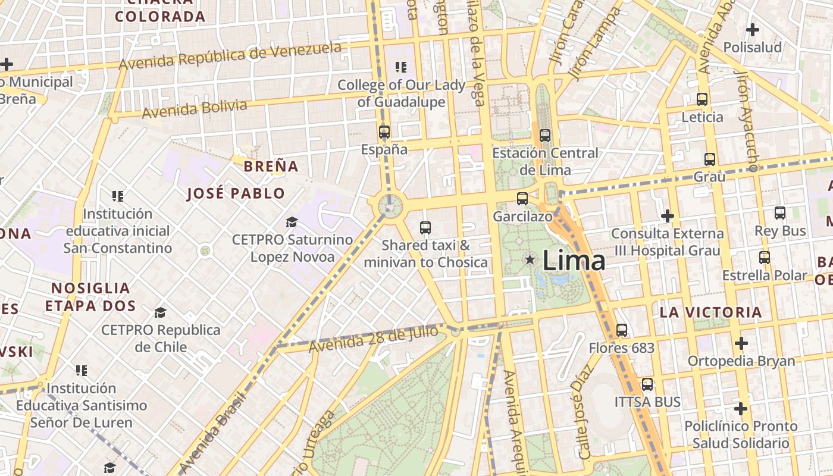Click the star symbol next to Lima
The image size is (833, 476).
[x=530, y=259]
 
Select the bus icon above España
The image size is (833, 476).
[x=384, y=132]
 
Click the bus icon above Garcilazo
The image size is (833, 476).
[x=522, y=199]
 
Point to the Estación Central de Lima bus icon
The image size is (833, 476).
[x=544, y=136]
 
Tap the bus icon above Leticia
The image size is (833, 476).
[x=702, y=99]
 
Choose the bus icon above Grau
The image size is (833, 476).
[x=709, y=159]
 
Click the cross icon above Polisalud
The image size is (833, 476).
[x=753, y=29]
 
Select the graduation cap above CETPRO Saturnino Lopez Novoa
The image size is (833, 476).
[x=292, y=223]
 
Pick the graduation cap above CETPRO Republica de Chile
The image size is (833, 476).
[x=160, y=312]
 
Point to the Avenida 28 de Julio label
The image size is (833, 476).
[x=373, y=339]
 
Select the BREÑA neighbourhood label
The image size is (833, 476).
[x=271, y=167]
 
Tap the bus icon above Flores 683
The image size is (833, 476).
[x=622, y=330]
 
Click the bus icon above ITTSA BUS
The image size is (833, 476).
[x=647, y=384]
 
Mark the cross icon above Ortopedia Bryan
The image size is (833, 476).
[x=741, y=343]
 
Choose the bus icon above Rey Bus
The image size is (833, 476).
[x=779, y=213]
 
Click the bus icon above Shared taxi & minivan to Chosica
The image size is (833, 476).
[x=425, y=227]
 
